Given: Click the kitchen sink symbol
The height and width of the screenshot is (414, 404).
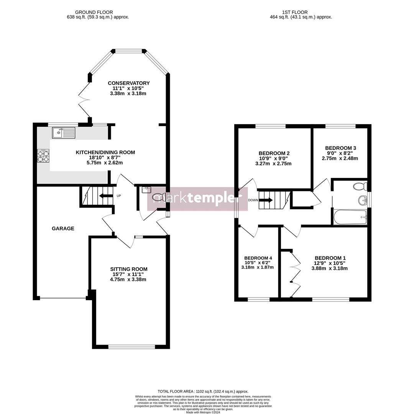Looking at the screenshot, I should point(64,133).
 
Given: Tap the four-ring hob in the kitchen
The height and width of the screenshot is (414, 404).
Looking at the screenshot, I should point(43,156).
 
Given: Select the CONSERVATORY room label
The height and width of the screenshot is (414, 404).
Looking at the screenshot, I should point(128,83).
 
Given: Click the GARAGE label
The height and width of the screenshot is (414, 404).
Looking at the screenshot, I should point(63,228).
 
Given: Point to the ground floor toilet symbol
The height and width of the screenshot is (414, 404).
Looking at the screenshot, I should point(158,197).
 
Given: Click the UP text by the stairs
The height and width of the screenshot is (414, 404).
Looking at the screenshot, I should point(118,196).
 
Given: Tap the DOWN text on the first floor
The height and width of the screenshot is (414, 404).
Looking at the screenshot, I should point(253,200).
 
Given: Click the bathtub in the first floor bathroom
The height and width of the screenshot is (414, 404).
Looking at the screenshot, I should point(350,217).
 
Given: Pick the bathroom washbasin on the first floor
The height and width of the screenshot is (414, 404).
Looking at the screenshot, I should point(362,200).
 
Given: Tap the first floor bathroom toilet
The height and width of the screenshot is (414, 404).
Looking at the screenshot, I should point(361,187).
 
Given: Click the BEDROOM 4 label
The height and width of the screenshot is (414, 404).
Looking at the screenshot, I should point(258,258).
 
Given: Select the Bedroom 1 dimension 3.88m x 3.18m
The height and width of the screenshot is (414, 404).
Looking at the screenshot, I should point(329,268).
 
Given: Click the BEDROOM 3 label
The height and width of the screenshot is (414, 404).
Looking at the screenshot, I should point(340,148).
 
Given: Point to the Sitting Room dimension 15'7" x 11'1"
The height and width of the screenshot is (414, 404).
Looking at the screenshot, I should point(128,274).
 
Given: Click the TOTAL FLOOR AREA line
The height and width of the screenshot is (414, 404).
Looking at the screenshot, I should point(203,391).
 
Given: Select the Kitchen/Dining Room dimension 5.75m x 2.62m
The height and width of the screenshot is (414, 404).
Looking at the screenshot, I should point(105,163).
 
